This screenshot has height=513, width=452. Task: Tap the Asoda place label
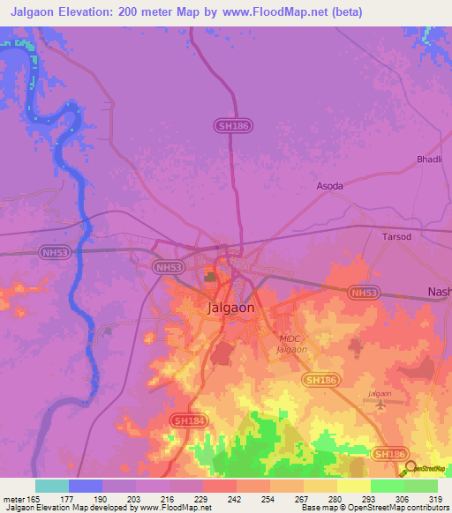tap(330, 187)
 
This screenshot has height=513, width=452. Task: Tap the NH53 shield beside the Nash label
tap(364, 292)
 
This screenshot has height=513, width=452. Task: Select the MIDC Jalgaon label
tap(291, 345)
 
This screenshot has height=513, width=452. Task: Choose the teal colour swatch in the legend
tap(52, 486)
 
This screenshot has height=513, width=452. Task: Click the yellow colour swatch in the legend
tap(354, 486)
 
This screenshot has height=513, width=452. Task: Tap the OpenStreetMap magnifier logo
tap(411, 470)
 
